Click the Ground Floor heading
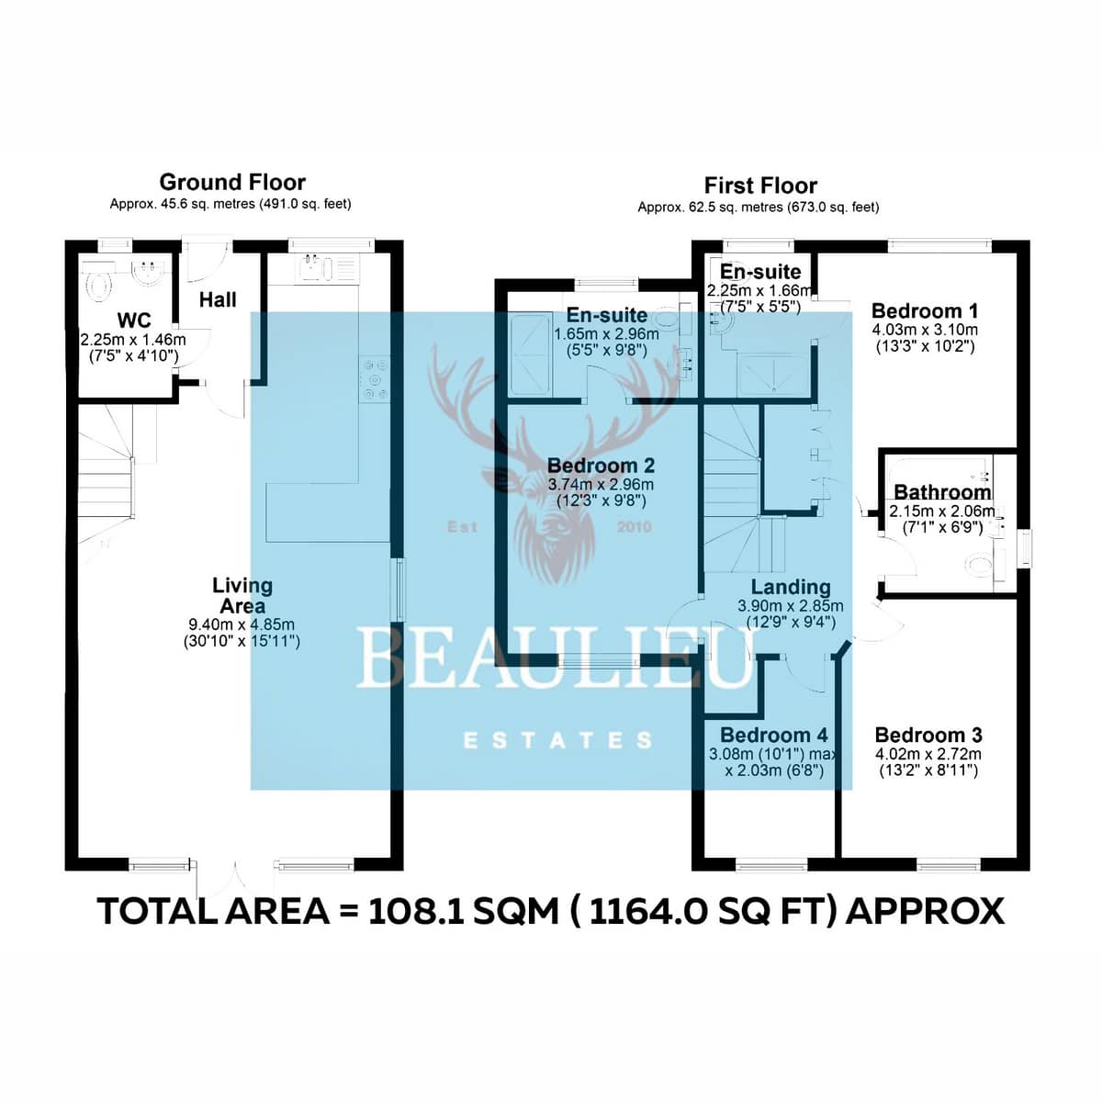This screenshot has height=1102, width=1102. (x=232, y=183)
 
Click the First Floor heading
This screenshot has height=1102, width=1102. (x=760, y=186)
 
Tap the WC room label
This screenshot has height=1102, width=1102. (x=134, y=320)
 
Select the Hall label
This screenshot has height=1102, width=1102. (x=218, y=299)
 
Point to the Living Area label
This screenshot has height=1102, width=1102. (x=242, y=595)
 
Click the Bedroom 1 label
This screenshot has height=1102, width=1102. (x=925, y=311)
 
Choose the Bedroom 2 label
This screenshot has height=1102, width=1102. (x=601, y=466)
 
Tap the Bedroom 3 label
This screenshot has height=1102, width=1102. (x=928, y=735)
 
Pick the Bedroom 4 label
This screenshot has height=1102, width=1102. (x=774, y=735)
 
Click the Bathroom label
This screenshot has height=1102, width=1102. (x=942, y=492)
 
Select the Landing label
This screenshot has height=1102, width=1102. (x=791, y=587)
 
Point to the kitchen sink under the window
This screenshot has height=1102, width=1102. (x=312, y=269)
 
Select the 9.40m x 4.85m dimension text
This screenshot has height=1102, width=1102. (x=242, y=625)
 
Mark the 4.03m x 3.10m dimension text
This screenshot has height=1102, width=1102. (x=925, y=330)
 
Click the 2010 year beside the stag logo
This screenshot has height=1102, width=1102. (x=635, y=527)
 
